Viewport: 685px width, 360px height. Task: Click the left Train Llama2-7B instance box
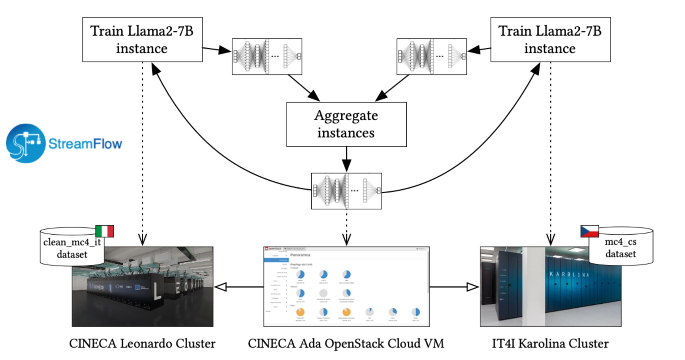click(x=142, y=40)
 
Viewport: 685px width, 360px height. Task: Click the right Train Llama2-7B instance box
click(x=550, y=40)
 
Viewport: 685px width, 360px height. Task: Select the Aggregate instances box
click(x=346, y=124)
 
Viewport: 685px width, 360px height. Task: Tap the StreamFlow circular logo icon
click(x=25, y=143)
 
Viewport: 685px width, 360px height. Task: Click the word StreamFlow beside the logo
click(x=85, y=144)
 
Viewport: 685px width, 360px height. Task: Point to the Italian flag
click(x=105, y=231)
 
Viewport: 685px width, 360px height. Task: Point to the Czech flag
click(x=589, y=231)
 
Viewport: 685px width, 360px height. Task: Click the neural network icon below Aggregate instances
click(x=347, y=191)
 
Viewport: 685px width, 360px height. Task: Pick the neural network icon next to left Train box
click(x=267, y=57)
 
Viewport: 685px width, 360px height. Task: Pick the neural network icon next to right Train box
click(x=432, y=57)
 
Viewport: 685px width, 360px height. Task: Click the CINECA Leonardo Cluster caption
click(x=142, y=344)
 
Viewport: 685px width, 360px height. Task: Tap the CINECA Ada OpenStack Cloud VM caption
click(x=346, y=344)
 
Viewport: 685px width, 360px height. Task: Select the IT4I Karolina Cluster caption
click(x=550, y=344)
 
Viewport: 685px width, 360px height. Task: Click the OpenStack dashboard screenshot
click(x=347, y=286)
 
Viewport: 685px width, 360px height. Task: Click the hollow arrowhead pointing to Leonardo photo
click(x=222, y=287)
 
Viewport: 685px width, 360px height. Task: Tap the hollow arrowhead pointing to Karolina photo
click(x=472, y=287)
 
